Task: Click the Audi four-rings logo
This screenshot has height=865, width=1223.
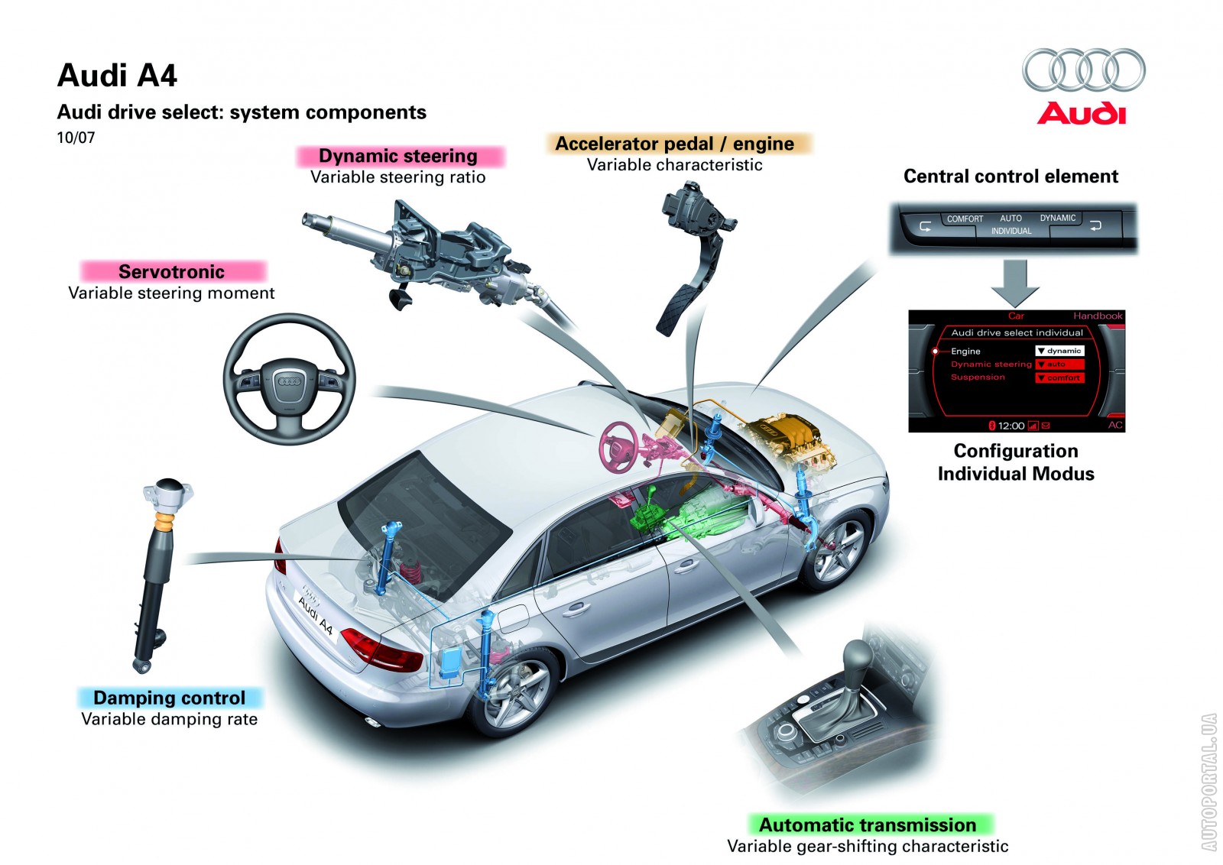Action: [x=1083, y=70]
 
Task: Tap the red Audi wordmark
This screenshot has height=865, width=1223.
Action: [x=1082, y=114]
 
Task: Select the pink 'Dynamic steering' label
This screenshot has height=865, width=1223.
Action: [x=398, y=157]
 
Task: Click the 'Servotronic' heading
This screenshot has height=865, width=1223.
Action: [x=172, y=272]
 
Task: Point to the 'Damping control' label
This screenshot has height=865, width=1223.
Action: [x=170, y=698]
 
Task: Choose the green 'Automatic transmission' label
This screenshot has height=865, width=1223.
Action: [x=868, y=825]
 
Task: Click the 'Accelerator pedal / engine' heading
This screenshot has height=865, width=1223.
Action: [x=675, y=144]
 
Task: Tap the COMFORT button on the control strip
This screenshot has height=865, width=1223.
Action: [x=965, y=219]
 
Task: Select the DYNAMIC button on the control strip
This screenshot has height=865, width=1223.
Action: [x=1057, y=219]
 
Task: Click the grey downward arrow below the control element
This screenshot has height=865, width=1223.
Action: [x=1015, y=283]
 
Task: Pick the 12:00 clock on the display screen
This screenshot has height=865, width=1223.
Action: [x=1011, y=426]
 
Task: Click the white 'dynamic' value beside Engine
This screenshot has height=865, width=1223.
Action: [x=1060, y=351]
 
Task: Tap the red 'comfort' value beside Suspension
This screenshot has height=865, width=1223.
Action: [x=1060, y=377]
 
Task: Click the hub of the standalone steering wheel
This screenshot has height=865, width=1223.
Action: [x=289, y=381]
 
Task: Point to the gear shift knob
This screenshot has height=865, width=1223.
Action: [x=856, y=655]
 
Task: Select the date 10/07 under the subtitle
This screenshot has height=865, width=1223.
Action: [x=76, y=138]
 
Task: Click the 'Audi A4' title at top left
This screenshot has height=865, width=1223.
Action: [x=117, y=76]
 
